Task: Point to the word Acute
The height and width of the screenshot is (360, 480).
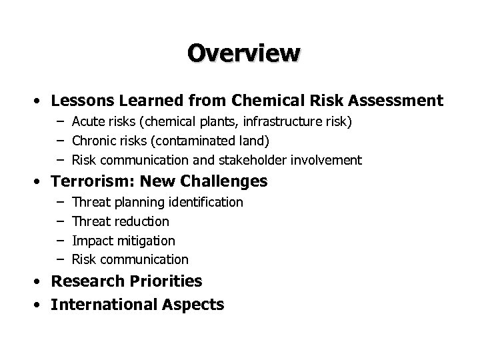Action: click(87, 121)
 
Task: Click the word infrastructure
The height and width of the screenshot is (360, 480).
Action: click(266, 121)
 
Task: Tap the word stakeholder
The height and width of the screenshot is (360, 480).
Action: click(249, 160)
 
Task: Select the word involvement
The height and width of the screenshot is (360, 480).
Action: click(327, 160)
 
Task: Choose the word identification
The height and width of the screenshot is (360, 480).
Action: click(207, 201)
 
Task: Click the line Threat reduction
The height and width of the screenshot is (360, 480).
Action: click(121, 221)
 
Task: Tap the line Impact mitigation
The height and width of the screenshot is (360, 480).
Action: click(123, 240)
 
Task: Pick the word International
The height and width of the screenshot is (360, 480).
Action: click(102, 305)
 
